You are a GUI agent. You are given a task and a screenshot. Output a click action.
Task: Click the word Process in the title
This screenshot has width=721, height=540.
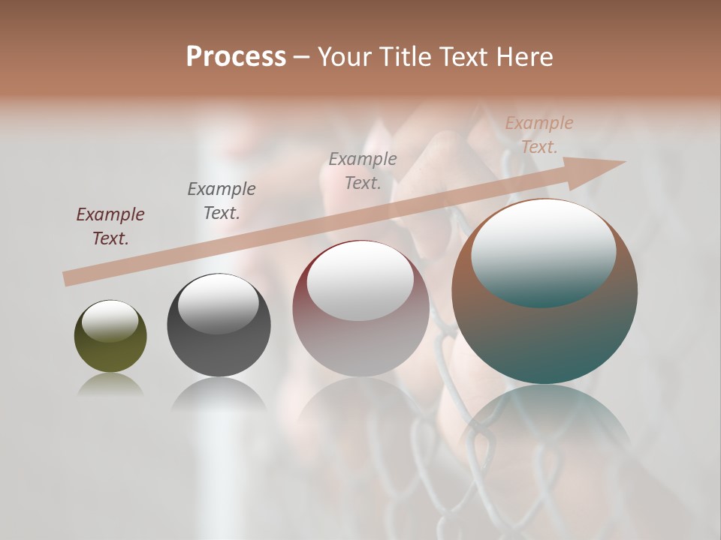coord(236,57)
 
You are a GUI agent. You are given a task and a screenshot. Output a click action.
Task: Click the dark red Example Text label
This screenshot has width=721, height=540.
coord(110,226)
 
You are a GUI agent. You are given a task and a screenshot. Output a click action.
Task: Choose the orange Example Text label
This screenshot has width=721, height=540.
coord(538,135)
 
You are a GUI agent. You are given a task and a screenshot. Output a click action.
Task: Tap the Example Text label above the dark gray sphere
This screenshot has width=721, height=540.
coord(222,200)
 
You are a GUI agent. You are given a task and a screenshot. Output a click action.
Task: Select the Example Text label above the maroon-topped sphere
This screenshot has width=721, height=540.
coord(363,170)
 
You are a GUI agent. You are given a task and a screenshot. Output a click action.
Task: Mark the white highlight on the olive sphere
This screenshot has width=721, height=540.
coord(110,321)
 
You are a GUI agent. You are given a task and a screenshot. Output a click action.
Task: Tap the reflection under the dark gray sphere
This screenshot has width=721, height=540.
coord(219,394)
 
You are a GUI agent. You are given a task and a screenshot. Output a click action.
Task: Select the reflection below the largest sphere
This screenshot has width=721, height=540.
coord(545,420)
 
